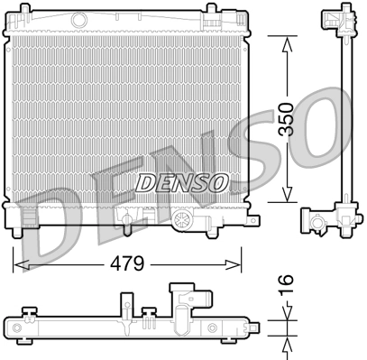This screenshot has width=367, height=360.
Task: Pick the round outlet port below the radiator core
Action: click(184, 220)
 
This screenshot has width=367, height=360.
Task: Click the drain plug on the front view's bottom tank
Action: click(130, 221)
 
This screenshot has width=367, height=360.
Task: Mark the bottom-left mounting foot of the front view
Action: click(27, 222)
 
